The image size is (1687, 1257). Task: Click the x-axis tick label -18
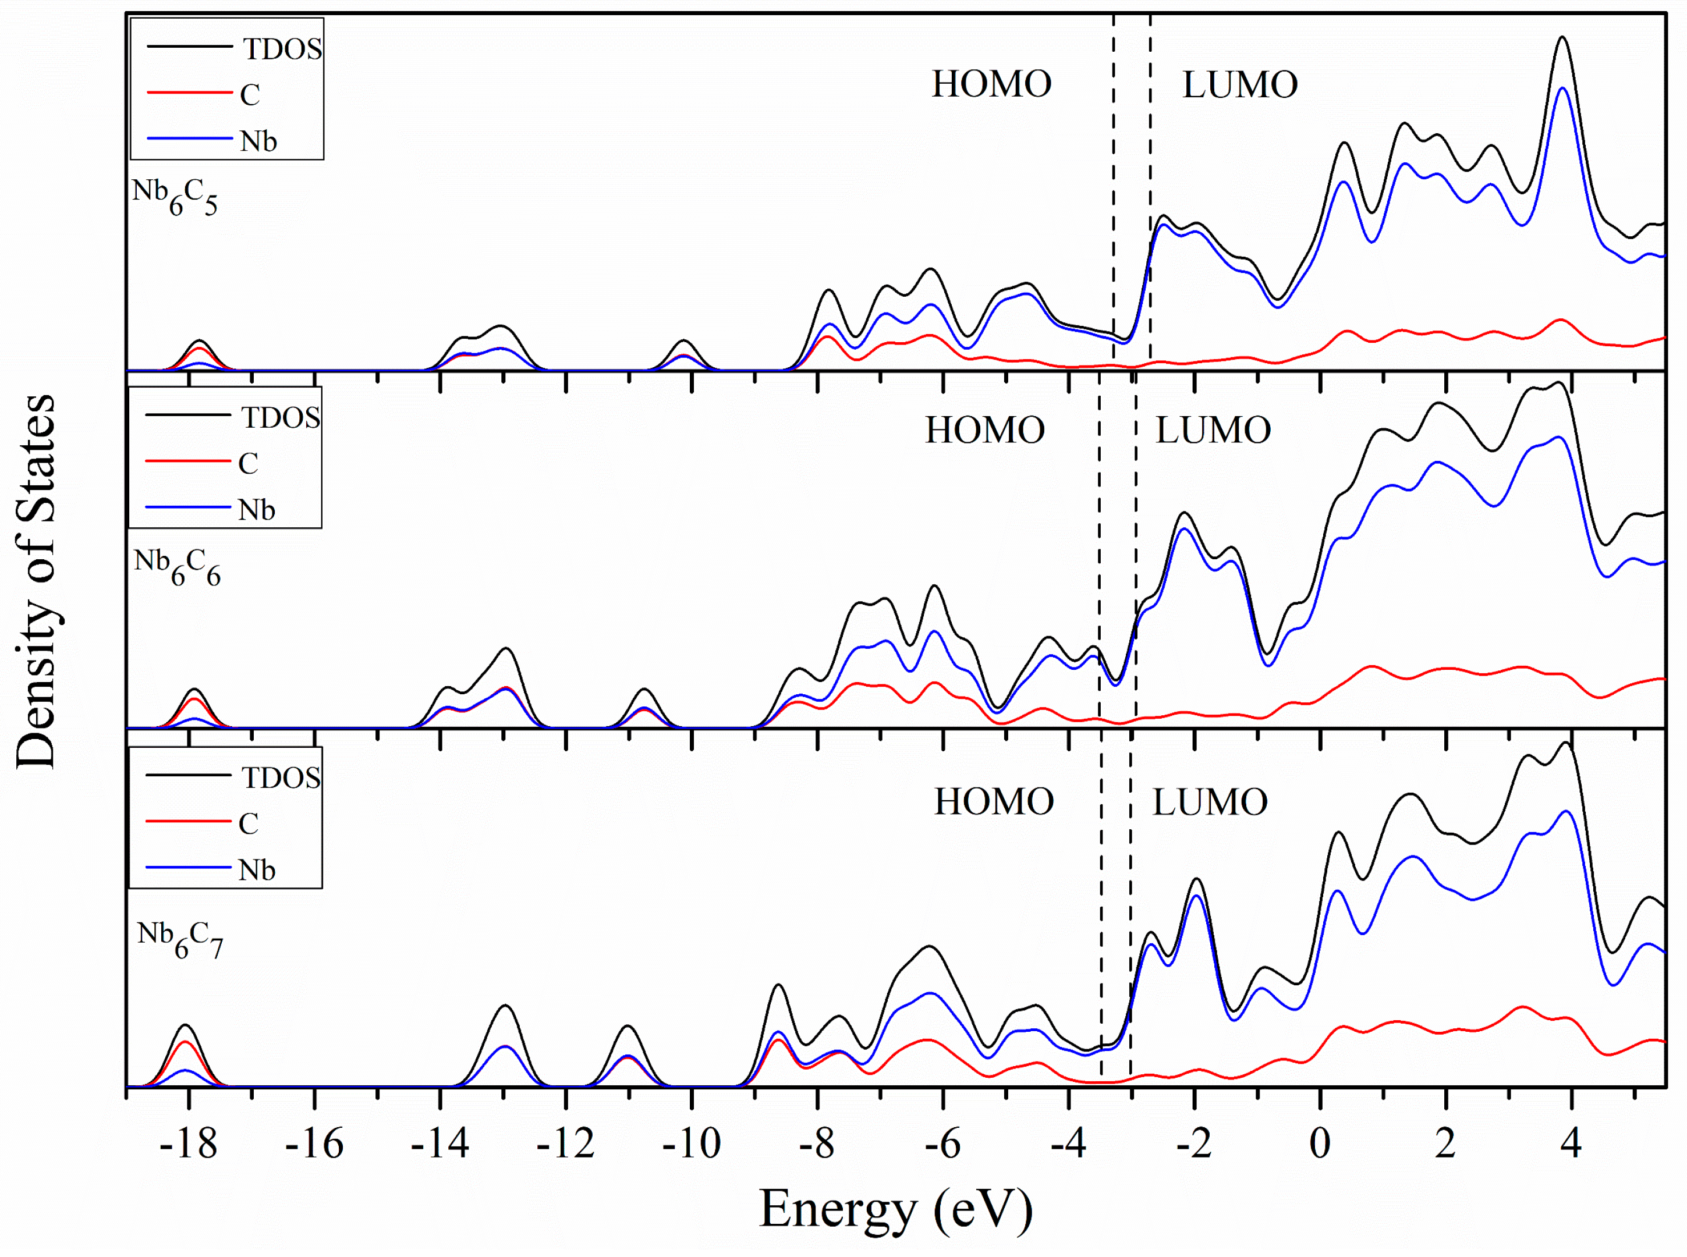pyautogui.click(x=188, y=1144)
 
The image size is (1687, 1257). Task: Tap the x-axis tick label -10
pyautogui.click(x=691, y=1144)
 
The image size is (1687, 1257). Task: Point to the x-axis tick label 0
pyautogui.click(x=1320, y=1144)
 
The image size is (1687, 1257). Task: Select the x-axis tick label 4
pyautogui.click(x=1571, y=1144)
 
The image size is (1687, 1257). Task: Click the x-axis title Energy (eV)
pyautogui.click(x=896, y=1210)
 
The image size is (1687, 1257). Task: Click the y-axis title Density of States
pyautogui.click(x=36, y=582)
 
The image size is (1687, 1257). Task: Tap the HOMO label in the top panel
pyautogui.click(x=991, y=84)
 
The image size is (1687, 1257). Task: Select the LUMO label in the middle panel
pyautogui.click(x=1213, y=431)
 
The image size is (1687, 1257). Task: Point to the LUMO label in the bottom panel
pyautogui.click(x=1210, y=802)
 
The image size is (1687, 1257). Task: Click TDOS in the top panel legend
pyautogui.click(x=282, y=49)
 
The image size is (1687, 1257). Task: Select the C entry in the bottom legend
pyautogui.click(x=248, y=823)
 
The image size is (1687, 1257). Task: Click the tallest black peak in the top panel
pyautogui.click(x=1562, y=37)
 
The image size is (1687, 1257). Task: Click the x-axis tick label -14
pyautogui.click(x=440, y=1144)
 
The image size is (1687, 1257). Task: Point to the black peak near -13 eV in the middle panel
pyautogui.click(x=506, y=648)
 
